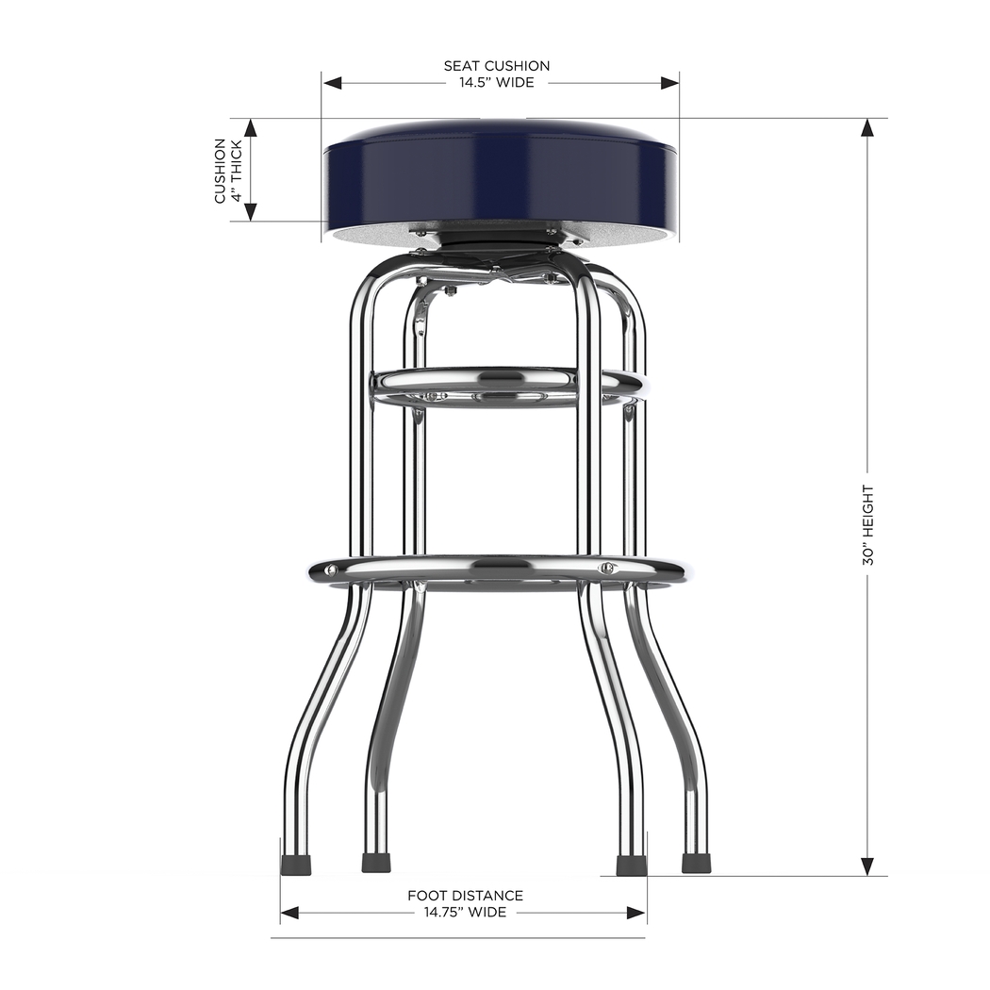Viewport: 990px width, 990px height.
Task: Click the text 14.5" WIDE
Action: click(496, 82)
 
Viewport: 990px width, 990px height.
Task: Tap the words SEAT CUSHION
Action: click(497, 66)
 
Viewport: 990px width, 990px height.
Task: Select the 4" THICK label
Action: click(238, 171)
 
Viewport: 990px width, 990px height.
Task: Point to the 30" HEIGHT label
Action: click(867, 525)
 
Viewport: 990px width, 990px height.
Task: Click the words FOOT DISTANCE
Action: click(465, 896)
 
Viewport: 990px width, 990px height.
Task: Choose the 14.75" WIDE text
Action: click(465, 912)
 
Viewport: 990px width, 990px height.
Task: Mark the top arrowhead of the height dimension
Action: click(867, 128)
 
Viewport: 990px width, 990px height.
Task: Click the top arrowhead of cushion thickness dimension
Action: click(251, 128)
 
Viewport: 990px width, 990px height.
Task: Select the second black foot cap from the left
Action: click(376, 864)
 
